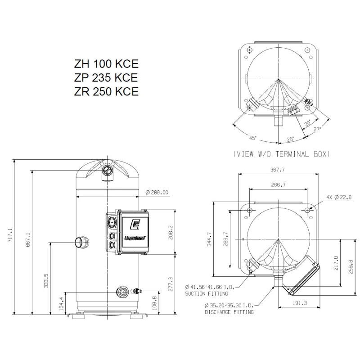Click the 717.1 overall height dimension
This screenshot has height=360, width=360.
pos(9,237)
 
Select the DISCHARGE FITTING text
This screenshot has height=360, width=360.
pos(229,311)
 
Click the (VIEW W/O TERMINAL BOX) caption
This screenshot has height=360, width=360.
pos(282,154)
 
